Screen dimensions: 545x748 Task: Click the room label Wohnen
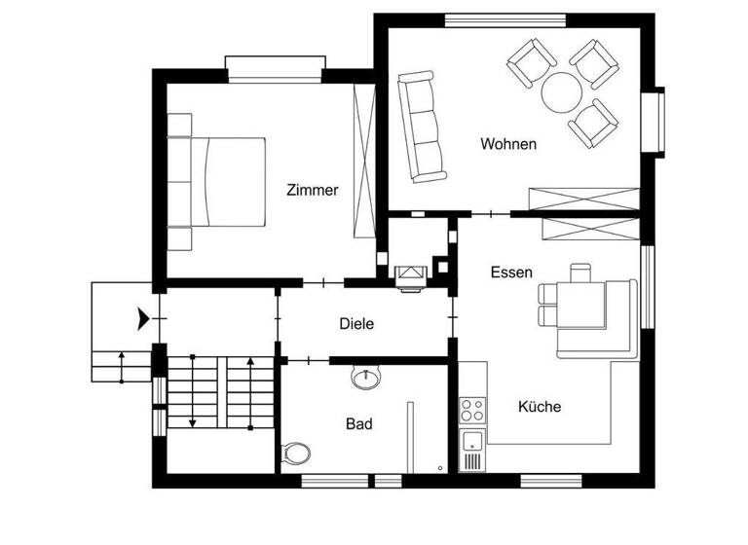click(x=508, y=144)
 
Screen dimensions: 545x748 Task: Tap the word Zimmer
click(x=313, y=191)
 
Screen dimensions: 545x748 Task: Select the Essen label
click(x=511, y=272)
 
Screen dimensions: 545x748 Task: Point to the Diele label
click(x=356, y=324)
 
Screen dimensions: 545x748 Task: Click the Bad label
click(x=359, y=424)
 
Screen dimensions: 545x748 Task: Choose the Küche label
click(x=540, y=407)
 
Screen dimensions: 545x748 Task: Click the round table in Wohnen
click(x=562, y=93)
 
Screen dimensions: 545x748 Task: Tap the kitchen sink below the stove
click(x=472, y=448)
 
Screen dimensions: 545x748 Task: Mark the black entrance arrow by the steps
click(x=144, y=315)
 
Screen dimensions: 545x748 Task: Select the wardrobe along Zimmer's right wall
click(x=364, y=161)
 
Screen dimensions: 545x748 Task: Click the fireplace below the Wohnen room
click(x=410, y=275)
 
